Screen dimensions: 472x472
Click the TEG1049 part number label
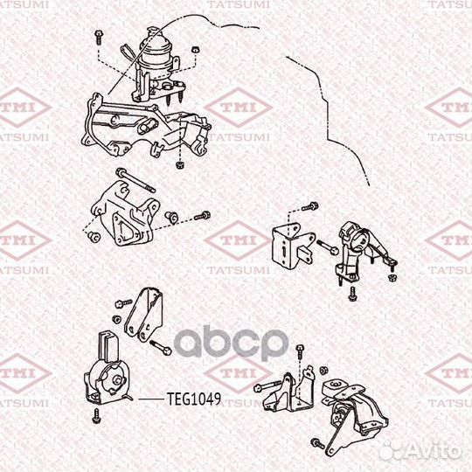[x=194, y=399]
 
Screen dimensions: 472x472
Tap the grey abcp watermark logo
[x=231, y=343]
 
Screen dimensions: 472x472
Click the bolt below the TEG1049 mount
[x=97, y=416]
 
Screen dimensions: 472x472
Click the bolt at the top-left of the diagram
[x=99, y=37]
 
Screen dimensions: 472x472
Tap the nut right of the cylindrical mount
[x=195, y=50]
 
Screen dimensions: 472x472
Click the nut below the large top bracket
[x=180, y=164]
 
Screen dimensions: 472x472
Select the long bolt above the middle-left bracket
[x=135, y=180]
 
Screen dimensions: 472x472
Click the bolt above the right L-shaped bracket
[x=310, y=206]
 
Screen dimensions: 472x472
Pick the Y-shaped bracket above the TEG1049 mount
[x=144, y=315]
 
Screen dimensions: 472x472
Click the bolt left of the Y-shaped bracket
[x=123, y=303]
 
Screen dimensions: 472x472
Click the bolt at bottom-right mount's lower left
[x=318, y=443]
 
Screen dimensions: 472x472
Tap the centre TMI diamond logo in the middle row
[x=238, y=240]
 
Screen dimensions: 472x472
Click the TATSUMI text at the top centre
[x=238, y=4]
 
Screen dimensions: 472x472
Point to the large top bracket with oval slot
[x=144, y=127]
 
